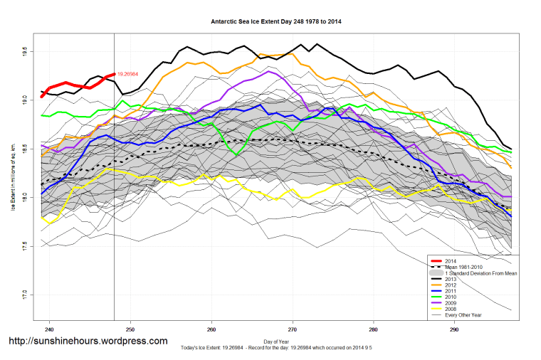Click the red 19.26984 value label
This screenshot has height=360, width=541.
click(x=127, y=74)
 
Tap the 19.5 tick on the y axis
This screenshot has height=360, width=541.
click(x=24, y=52)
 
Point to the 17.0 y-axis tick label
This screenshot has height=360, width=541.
click(x=24, y=293)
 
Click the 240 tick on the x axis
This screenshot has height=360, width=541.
click(x=49, y=329)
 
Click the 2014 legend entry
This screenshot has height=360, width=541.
click(x=450, y=262)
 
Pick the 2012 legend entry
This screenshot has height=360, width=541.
click(x=450, y=286)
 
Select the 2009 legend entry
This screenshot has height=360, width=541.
click(x=450, y=304)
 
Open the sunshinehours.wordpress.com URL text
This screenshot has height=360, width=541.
click(x=88, y=341)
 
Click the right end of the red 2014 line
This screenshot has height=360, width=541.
click(x=114, y=73)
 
